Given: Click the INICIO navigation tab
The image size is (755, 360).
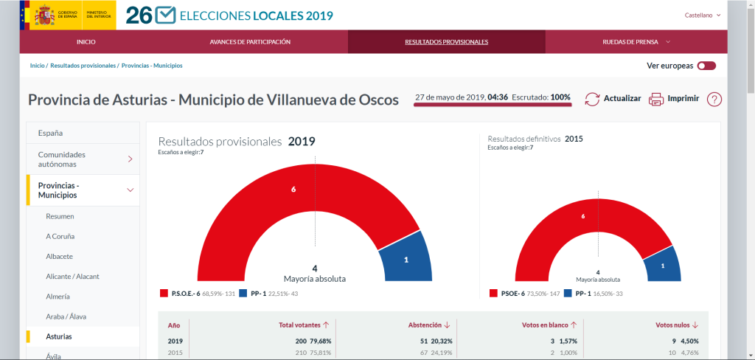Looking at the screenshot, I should (86, 41).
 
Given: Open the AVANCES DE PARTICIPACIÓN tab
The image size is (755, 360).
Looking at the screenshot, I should (250, 41).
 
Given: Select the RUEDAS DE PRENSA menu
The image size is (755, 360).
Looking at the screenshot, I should (636, 41).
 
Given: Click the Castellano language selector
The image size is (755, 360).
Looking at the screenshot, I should (702, 15).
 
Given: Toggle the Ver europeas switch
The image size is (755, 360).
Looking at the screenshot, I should (706, 66).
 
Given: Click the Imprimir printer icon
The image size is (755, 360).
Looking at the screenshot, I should (656, 99).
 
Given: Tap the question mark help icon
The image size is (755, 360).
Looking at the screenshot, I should (714, 99).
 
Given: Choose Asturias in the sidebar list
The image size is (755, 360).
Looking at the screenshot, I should (59, 336).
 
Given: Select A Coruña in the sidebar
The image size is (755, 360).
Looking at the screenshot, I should (60, 236).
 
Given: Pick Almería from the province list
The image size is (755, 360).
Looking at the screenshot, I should (58, 296).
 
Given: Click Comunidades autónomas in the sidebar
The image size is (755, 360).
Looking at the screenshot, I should (62, 159).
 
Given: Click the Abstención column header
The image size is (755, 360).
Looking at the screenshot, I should (428, 325).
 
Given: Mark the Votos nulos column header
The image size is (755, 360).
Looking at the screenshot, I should (676, 325).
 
